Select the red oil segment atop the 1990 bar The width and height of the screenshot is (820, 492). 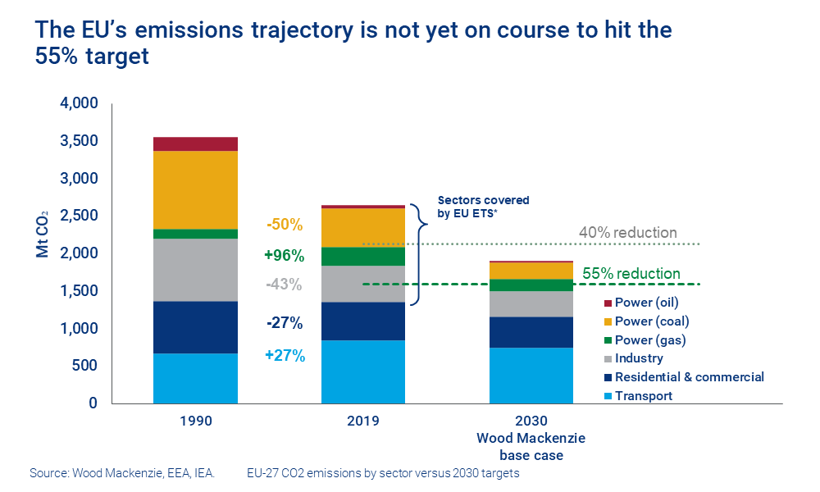195,144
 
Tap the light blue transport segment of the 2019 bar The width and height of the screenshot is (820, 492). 362,371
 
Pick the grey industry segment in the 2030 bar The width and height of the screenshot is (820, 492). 531,303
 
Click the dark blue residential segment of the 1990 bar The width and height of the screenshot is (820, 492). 195,327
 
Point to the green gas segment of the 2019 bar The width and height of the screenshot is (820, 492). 362,256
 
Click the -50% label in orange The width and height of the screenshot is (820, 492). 285,225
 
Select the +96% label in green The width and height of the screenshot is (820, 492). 285,255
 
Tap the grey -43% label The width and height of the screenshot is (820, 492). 285,285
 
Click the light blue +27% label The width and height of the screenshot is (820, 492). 285,356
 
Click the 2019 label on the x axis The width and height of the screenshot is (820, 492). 362,421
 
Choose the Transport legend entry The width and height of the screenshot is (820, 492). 643,396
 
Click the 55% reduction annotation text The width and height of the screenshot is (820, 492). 631,273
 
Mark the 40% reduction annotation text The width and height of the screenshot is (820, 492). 628,233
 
